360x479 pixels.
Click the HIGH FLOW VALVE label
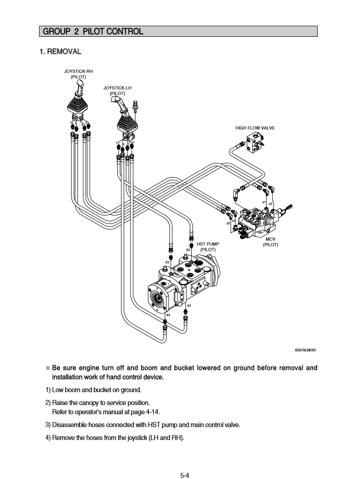[255, 128]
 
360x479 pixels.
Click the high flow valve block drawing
[255, 142]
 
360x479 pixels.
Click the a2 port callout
[271, 203]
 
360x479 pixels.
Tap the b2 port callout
[228, 223]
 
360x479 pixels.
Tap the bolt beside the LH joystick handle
[135, 107]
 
